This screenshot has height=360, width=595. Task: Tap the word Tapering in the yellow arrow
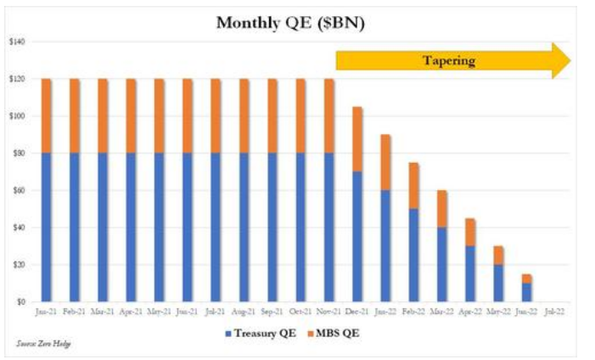(450, 60)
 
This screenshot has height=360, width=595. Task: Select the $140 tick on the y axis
(18, 42)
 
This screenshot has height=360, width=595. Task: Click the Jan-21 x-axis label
(47, 312)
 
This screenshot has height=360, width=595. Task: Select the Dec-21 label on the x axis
(357, 312)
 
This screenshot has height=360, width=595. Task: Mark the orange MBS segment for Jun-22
(526, 278)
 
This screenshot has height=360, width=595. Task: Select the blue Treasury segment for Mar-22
(442, 264)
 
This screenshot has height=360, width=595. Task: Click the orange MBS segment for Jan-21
(47, 115)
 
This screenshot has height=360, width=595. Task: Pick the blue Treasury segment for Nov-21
(329, 227)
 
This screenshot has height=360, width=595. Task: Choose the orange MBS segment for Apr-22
(470, 232)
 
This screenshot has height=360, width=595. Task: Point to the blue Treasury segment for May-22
(498, 283)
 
